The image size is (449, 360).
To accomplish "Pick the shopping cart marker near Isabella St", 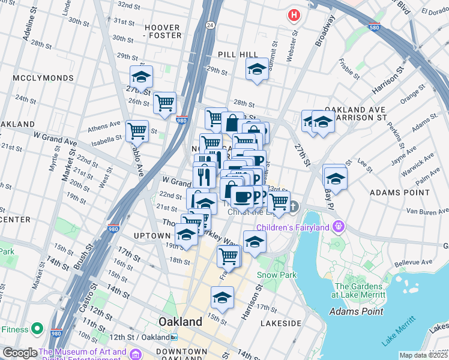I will coord(137,130).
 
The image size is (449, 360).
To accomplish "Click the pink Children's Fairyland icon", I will coord(339,227).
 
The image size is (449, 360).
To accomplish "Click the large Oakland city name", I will coord(180,322).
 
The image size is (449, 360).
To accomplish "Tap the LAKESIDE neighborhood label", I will coord(280,323).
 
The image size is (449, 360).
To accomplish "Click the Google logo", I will coord(20,353).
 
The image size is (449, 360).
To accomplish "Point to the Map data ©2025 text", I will coord(423,355).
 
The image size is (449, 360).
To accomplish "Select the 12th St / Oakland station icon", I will coord(173,337).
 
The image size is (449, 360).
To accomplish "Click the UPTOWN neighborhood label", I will coord(152,236).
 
